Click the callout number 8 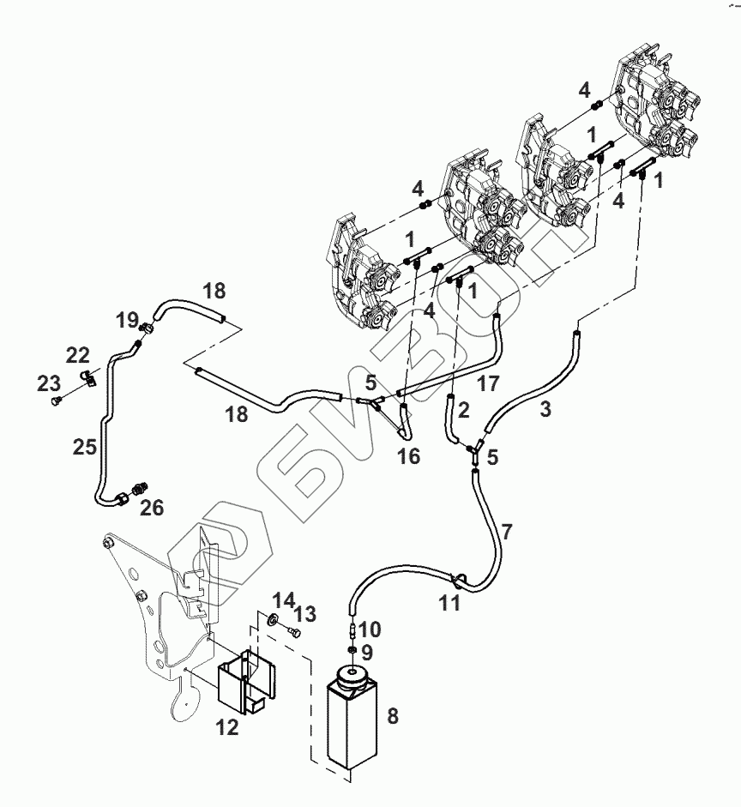tap(393, 715)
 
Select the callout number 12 tap(226, 729)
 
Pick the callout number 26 tap(151, 509)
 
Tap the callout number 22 tap(78, 355)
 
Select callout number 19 tap(128, 321)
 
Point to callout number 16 tap(409, 456)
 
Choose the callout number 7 tap(507, 533)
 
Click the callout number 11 tap(449, 604)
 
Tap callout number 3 tap(546, 410)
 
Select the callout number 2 tap(463, 410)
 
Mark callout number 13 tap(305, 614)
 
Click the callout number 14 tap(284, 599)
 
